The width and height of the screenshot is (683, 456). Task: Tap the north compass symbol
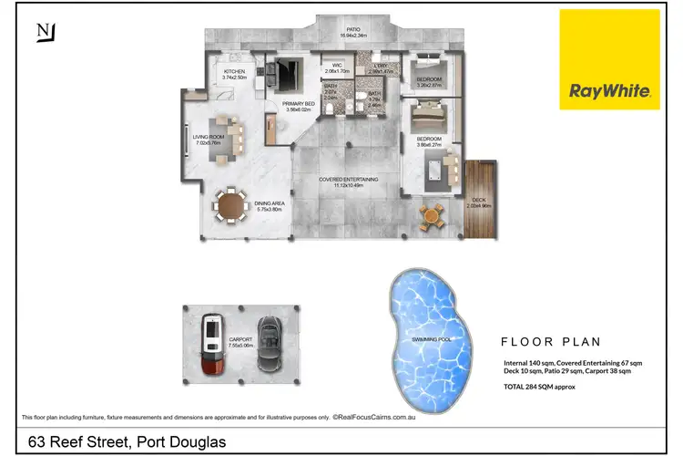click(x=44, y=32)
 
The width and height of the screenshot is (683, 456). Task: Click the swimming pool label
click(x=427, y=338)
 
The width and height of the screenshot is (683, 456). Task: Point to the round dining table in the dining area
click(x=231, y=205)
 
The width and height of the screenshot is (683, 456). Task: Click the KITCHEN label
click(x=235, y=71)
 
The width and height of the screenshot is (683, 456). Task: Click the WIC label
click(x=336, y=65)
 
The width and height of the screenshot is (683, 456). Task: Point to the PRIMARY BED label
click(x=299, y=105)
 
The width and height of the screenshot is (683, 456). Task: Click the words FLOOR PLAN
click(x=551, y=343)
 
